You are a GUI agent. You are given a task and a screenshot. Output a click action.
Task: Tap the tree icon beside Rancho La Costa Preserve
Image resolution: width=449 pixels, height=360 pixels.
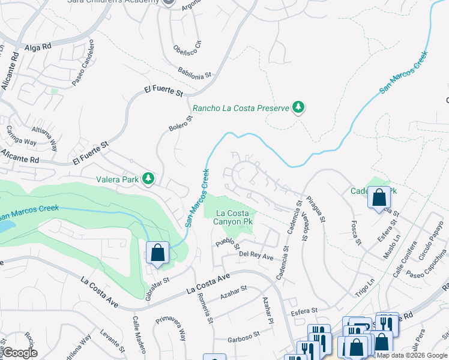[x=298, y=108]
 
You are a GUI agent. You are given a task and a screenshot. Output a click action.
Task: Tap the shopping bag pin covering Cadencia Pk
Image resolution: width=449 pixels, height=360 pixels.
[x=379, y=199]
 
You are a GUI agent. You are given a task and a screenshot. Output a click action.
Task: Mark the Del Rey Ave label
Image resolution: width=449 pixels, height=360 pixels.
[x=256, y=256]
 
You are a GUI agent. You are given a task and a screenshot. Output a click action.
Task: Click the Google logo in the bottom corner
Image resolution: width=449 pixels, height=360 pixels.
[x=20, y=353]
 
